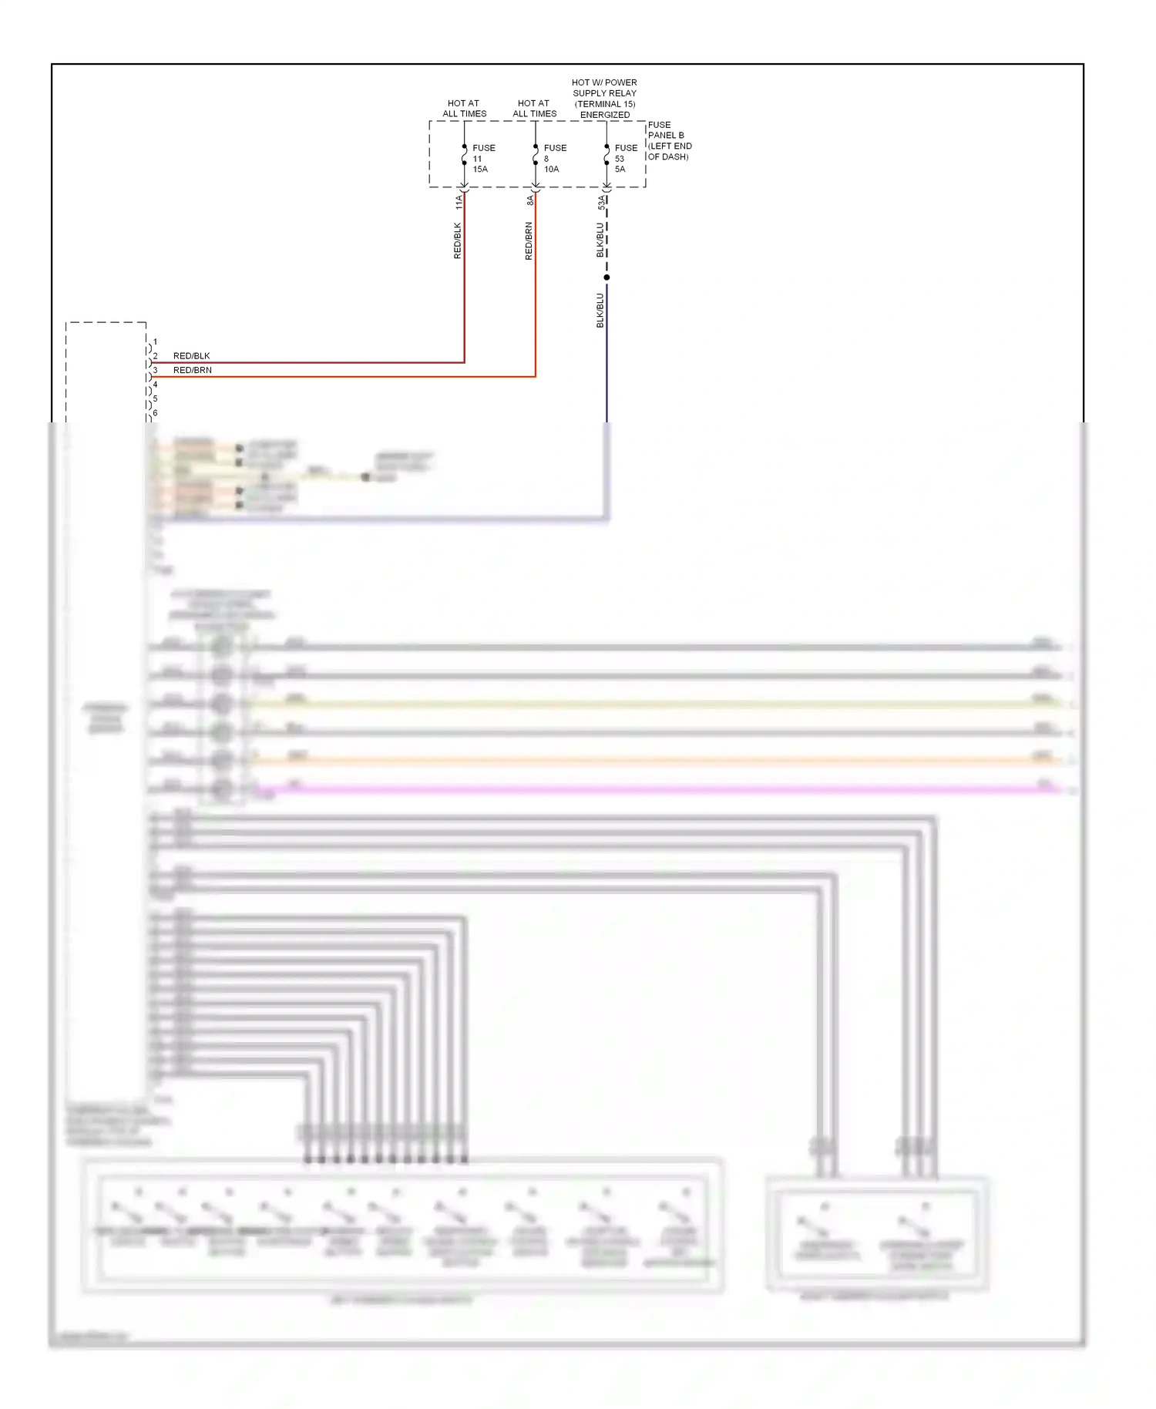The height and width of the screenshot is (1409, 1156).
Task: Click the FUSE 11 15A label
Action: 482,158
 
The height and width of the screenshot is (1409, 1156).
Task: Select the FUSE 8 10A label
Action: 554,158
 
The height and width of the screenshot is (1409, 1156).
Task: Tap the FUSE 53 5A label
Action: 625,158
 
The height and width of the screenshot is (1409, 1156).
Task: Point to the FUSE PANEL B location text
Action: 669,140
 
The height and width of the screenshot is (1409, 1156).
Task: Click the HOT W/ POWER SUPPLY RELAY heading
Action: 604,98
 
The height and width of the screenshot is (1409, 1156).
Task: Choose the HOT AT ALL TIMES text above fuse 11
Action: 464,108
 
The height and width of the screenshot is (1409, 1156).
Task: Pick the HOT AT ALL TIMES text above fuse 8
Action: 534,108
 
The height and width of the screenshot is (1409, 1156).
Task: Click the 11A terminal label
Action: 459,202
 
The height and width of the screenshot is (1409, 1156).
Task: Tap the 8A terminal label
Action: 529,200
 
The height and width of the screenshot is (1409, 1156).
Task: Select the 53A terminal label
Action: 601,203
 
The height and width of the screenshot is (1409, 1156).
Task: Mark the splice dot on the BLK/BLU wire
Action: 607,277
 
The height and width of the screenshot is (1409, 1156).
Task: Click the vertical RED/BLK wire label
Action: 457,240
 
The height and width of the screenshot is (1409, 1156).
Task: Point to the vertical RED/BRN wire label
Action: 529,240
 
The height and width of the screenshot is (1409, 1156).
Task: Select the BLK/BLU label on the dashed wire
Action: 600,240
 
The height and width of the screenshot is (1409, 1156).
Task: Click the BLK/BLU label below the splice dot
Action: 600,310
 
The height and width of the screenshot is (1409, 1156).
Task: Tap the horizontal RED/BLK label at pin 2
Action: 191,356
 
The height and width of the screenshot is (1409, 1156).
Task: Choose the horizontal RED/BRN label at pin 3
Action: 192,370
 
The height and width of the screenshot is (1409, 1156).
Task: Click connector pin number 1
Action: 155,341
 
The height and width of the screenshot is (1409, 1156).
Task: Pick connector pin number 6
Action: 155,413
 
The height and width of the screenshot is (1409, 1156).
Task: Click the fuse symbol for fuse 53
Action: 607,156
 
